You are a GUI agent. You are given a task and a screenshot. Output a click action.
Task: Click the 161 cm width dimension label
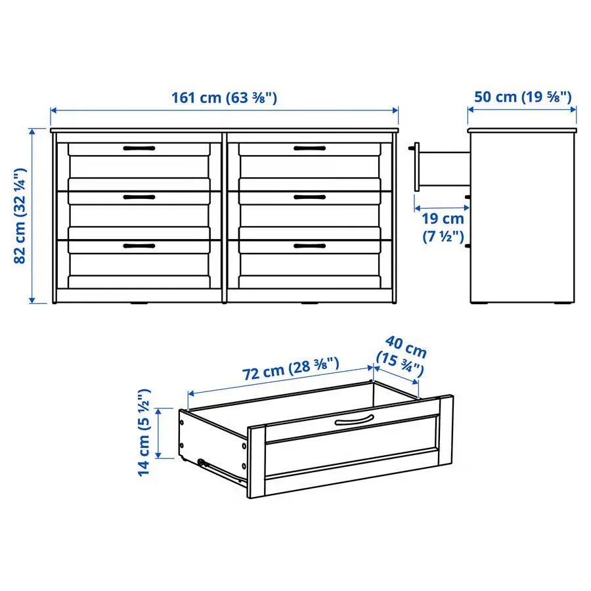click(225, 98)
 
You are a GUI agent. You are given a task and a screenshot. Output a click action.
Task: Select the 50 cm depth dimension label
click(523, 97)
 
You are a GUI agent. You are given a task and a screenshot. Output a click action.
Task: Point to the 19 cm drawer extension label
click(443, 227)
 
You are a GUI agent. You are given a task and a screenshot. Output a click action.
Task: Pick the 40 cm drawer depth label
click(401, 355)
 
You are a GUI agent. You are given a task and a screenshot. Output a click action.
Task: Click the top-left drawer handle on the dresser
click(139, 148)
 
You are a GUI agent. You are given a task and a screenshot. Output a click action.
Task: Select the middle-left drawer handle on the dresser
click(139, 197)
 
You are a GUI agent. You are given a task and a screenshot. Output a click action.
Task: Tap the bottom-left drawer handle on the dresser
click(139, 246)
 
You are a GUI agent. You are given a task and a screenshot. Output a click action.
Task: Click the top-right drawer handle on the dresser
click(310, 148)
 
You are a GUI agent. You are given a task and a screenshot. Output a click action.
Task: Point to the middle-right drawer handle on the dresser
click(310, 197)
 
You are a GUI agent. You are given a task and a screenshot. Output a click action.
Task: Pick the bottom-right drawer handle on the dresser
click(310, 246)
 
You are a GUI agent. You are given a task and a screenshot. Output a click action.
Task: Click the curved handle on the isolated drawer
click(354, 420)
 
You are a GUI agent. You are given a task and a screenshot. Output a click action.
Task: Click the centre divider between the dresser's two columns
click(225, 217)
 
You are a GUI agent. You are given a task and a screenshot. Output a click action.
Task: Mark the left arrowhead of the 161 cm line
click(53, 110)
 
